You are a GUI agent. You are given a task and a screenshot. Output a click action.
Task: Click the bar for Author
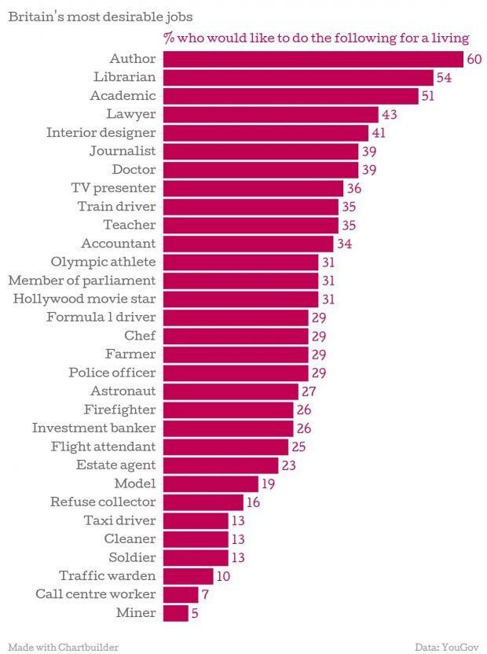click(x=313, y=59)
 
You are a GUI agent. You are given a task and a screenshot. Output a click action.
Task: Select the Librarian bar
click(x=298, y=77)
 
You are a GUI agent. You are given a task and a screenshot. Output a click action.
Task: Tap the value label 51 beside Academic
click(x=429, y=96)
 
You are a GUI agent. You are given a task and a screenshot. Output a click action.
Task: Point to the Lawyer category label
click(x=130, y=114)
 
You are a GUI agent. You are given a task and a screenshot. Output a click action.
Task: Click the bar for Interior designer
click(x=265, y=132)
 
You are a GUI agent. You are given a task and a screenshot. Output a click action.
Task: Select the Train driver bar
click(x=251, y=206)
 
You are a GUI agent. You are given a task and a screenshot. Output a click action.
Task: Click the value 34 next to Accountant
click(x=344, y=244)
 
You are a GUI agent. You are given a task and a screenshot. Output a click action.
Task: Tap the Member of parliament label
click(x=82, y=280)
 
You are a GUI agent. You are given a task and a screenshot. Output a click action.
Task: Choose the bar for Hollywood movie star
click(x=240, y=299)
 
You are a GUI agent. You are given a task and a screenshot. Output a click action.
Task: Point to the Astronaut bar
click(x=230, y=391)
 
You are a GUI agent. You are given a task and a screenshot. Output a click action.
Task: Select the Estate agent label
click(x=115, y=465)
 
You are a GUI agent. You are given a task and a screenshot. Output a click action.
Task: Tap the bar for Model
click(x=211, y=483)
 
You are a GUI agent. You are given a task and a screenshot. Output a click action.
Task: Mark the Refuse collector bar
click(x=203, y=502)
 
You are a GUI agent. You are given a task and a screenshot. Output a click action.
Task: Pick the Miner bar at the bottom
click(x=175, y=612)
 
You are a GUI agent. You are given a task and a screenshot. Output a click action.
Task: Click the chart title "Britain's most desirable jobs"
click(x=90, y=17)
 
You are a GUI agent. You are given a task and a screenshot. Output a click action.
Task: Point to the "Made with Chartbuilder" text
click(x=64, y=647)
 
